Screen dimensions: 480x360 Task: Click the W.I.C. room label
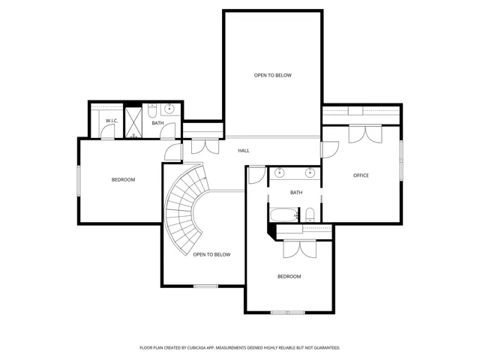tap(112, 121)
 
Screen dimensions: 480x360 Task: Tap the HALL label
tap(244, 151)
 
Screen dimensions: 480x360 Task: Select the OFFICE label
tap(361, 175)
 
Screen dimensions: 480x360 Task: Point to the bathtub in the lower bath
tap(283, 214)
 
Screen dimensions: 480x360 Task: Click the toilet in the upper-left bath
tap(152, 111)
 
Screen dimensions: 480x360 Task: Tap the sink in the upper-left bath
tap(169, 109)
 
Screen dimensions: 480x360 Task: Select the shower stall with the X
tap(133, 122)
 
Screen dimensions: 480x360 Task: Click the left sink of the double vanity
tap(279, 172)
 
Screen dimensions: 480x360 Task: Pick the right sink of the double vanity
tap(310, 172)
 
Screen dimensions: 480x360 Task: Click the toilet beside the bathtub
tap(310, 214)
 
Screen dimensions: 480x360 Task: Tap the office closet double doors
tap(365, 134)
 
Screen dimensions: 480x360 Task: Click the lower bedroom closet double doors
tap(300, 249)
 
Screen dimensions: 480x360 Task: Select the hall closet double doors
tap(205, 146)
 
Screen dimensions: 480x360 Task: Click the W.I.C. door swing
tap(107, 132)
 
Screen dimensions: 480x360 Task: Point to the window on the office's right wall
tap(401, 160)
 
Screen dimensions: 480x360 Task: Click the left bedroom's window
tap(79, 181)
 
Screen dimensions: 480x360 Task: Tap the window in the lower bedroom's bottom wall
tap(288, 313)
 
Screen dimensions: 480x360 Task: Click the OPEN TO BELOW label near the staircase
tap(211, 255)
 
